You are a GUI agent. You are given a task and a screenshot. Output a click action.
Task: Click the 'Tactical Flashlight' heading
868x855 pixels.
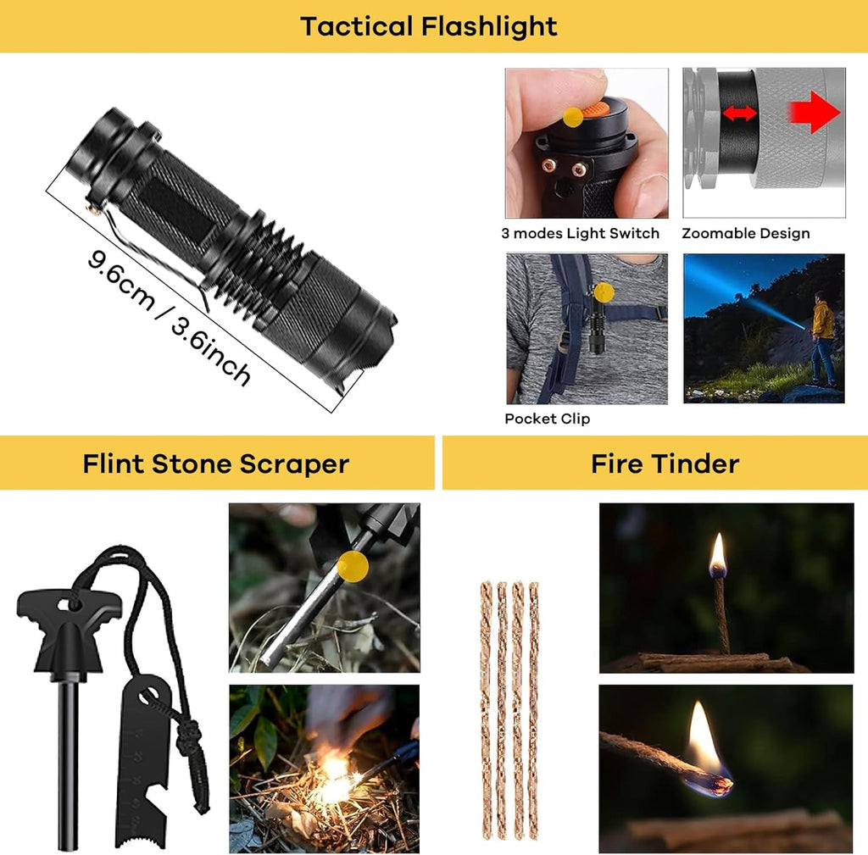click(428, 26)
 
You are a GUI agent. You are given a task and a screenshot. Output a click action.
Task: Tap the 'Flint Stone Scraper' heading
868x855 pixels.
click(216, 464)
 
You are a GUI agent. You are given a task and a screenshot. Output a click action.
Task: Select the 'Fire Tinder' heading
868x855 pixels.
click(665, 464)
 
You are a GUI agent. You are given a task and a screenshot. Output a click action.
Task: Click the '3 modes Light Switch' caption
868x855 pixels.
click(580, 234)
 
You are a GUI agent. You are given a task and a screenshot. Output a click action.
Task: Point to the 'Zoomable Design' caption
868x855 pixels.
click(746, 234)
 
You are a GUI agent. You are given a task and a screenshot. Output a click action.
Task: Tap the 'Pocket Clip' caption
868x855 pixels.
click(547, 419)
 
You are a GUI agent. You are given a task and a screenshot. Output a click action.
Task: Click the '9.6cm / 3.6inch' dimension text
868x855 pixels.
click(169, 317)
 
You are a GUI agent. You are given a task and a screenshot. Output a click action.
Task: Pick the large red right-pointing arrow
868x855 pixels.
click(814, 113)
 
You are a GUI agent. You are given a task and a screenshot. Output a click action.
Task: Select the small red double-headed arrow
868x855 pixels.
click(739, 114)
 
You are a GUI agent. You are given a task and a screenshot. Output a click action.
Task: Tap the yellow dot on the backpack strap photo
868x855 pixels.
click(604, 292)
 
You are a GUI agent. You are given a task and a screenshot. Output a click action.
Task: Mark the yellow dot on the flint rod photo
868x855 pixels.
click(353, 566)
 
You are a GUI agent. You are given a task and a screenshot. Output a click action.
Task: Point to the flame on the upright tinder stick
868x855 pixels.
click(718, 553)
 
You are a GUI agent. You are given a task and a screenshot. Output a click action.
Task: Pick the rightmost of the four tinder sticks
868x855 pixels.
click(533, 711)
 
